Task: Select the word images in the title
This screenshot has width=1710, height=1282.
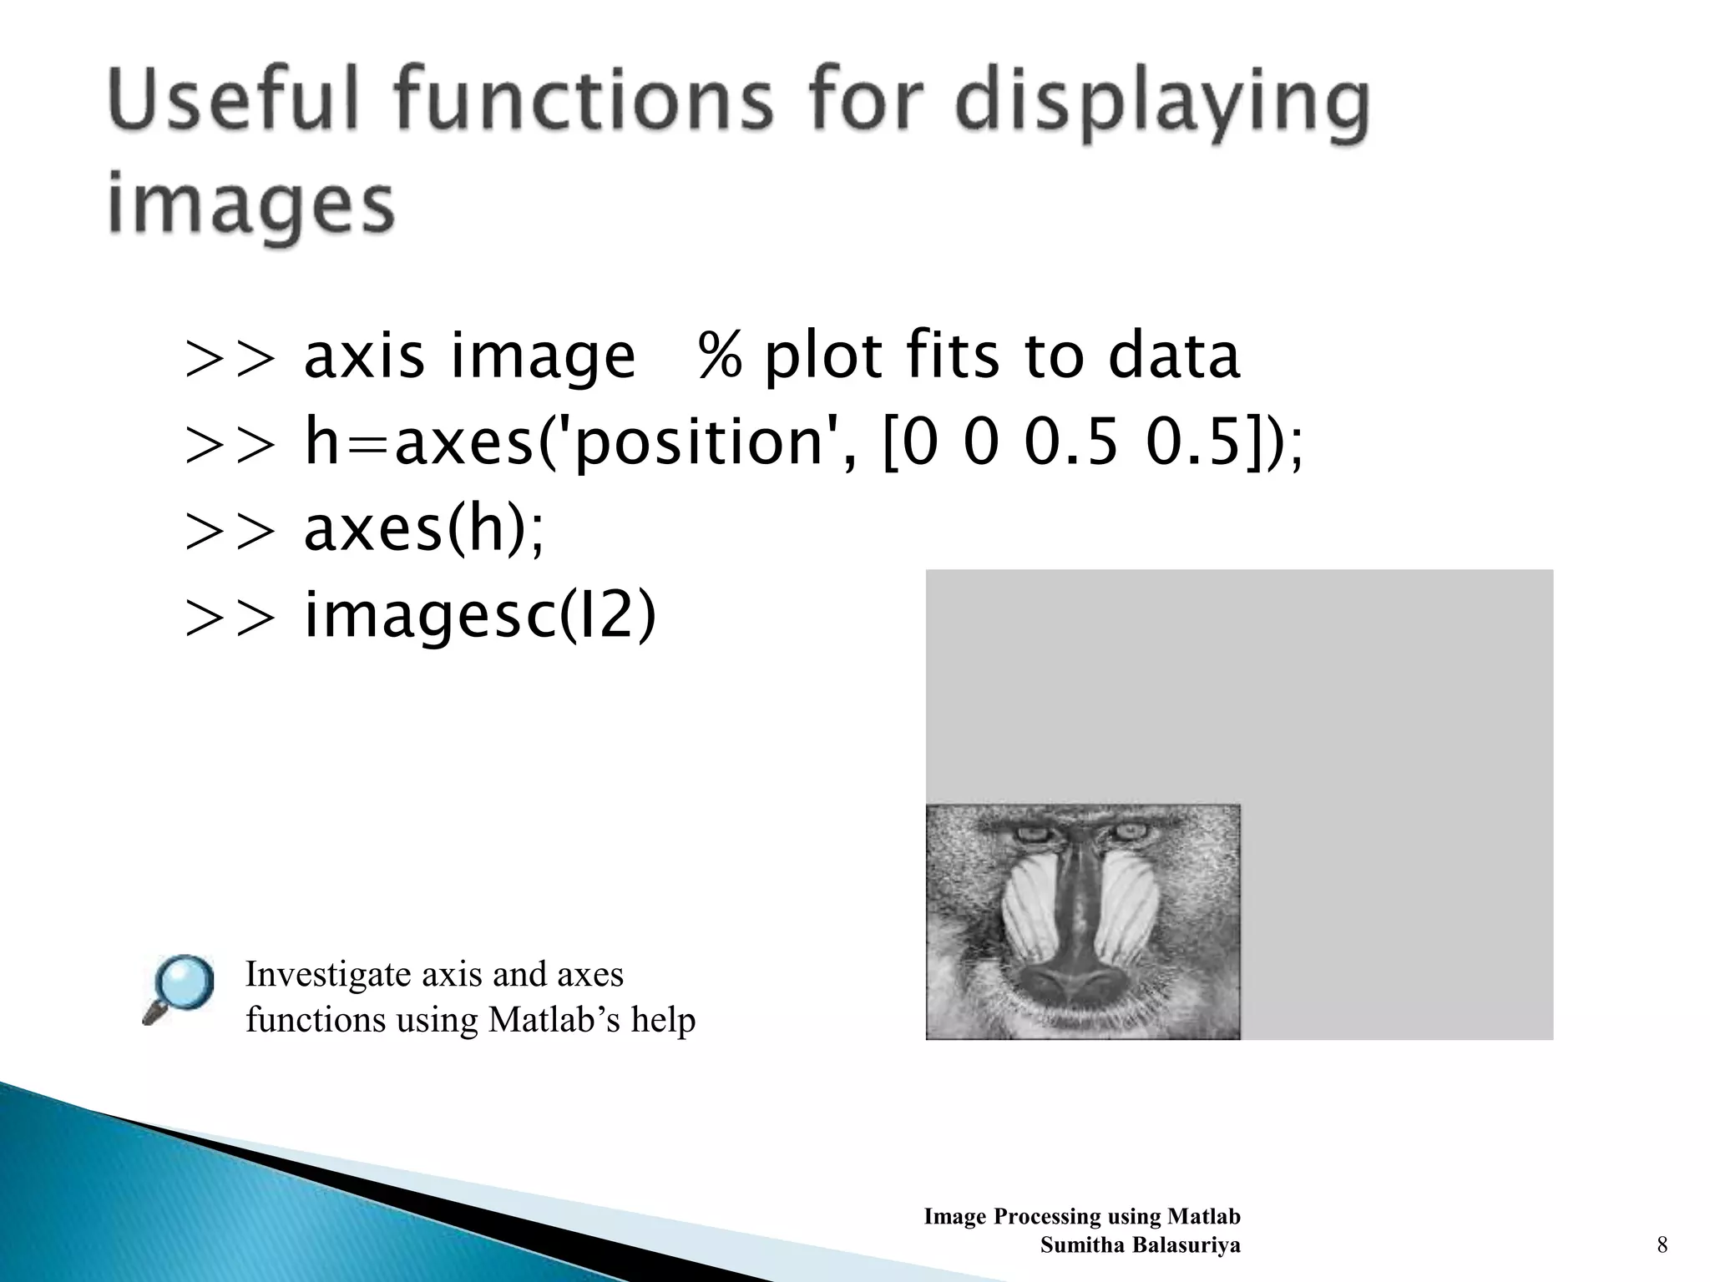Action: [x=250, y=204]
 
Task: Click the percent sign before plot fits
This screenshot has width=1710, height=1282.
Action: [x=720, y=356]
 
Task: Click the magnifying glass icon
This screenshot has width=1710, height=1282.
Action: [x=179, y=989]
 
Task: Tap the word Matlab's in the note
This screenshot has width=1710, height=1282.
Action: [x=554, y=1019]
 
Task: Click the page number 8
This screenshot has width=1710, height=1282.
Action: [x=1662, y=1245]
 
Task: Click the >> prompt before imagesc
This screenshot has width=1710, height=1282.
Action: [x=230, y=618]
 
